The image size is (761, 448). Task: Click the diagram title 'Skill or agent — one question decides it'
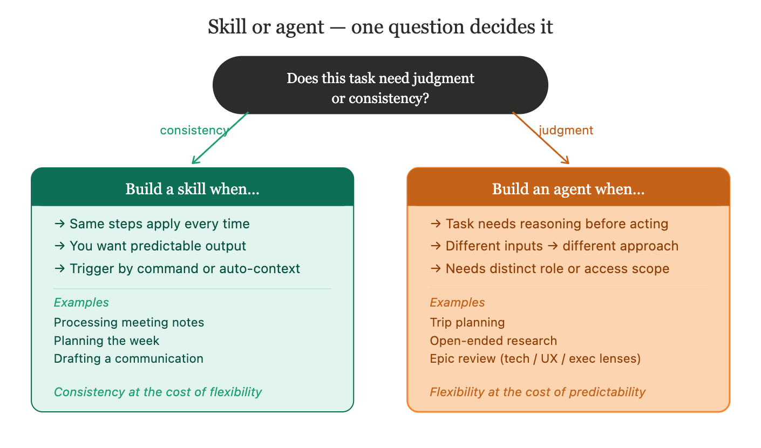[380, 27]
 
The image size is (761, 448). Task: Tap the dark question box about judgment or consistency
[380, 85]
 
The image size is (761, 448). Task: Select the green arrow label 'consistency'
[194, 130]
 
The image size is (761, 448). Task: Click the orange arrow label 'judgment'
[566, 130]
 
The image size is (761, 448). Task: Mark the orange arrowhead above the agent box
[567, 161]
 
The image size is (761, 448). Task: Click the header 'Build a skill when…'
[192, 189]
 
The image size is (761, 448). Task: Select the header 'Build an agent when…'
[568, 189]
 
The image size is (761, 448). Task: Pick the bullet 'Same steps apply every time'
[152, 223]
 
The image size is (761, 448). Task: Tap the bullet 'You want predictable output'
[150, 246]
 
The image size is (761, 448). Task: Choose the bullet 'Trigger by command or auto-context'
[177, 269]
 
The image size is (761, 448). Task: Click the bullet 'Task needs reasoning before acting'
[549, 223]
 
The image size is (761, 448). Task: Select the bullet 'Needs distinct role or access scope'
[549, 269]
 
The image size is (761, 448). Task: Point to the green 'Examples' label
[81, 302]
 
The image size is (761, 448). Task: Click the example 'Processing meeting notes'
[129, 323]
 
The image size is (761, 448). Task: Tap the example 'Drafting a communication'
[128, 358]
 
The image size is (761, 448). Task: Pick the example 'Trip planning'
[467, 323]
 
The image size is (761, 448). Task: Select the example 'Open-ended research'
[493, 341]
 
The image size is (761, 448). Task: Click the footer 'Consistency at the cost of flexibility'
[158, 392]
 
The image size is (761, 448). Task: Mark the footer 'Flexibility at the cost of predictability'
[538, 392]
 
